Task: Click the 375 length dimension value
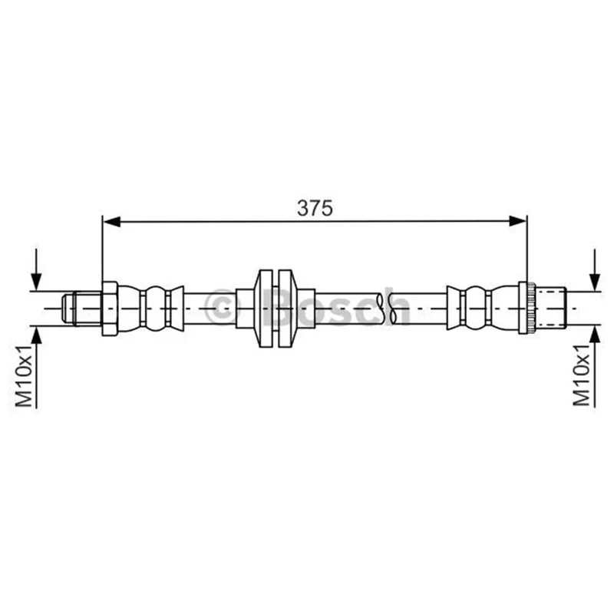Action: click(x=315, y=208)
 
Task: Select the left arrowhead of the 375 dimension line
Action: click(x=111, y=221)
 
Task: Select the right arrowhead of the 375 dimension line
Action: click(x=517, y=221)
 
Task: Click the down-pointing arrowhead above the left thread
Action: click(x=36, y=282)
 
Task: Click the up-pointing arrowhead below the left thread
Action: click(x=36, y=335)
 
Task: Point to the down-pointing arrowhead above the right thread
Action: click(x=595, y=282)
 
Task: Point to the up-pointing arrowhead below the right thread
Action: click(x=595, y=335)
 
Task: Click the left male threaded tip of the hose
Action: click(x=81, y=309)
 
